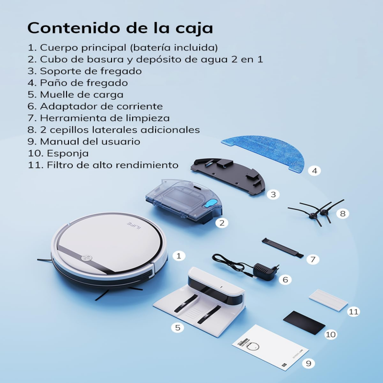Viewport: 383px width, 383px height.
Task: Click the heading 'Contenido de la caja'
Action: click(120, 28)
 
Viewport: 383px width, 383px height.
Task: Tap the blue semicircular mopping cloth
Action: click(265, 151)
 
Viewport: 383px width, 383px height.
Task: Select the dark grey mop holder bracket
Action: click(228, 176)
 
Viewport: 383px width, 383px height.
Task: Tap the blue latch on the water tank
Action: click(210, 203)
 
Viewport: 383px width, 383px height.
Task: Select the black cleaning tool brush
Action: click(282, 248)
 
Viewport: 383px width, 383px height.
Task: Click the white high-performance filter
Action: click(328, 300)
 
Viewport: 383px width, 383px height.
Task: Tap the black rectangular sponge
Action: click(304, 322)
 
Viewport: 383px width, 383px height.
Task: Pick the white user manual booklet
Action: click(270, 347)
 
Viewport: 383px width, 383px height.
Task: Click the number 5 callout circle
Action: click(178, 327)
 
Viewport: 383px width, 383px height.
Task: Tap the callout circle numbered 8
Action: click(343, 214)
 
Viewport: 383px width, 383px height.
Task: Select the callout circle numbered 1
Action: click(179, 256)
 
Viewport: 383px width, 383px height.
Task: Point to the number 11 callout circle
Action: click(354, 312)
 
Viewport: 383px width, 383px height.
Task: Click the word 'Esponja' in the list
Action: click(68, 154)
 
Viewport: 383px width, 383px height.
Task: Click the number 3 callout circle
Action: click(273, 194)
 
